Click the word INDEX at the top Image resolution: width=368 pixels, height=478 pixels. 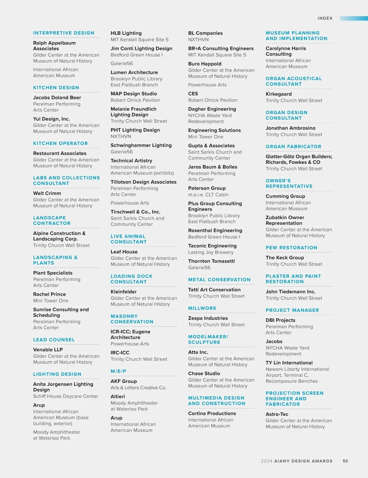pos(325,18)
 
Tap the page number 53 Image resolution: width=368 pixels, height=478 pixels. pos(345,461)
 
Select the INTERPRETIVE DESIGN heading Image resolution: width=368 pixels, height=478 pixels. pos(63,33)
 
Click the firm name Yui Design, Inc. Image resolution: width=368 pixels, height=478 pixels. pos(52,119)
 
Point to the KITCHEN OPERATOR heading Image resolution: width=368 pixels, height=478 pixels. pos(60,143)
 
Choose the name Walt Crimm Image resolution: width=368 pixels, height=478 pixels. pos(47,193)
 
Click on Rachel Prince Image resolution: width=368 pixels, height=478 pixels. pos(50,294)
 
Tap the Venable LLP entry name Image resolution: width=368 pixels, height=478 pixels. pos(48,349)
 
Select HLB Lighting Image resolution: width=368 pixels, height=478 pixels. pos(126,33)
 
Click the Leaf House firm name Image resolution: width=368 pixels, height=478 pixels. pos(124,252)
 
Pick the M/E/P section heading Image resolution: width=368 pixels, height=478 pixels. pos(118,371)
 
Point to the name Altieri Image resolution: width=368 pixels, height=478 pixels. pos(118,396)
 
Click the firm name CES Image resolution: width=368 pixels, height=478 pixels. pos(193,94)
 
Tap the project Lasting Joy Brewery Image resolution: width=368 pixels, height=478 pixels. pos(211,252)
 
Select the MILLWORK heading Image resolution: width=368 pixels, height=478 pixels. pos(202,308)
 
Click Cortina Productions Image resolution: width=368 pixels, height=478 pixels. pos(212,413)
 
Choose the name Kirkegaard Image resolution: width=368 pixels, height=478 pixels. pos(278,94)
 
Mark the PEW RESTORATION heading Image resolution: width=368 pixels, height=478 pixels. pos(291,248)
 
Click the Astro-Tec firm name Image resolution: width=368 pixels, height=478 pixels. pos(277,414)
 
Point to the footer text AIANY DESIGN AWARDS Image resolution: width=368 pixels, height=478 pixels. pos(303,461)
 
